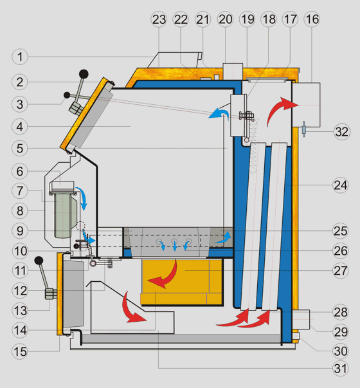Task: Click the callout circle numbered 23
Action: tap(159, 19)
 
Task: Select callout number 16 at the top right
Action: tap(312, 19)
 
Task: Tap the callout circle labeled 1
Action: tap(20, 57)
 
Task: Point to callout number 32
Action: tap(342, 132)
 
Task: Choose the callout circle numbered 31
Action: tap(341, 369)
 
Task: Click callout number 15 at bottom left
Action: tap(20, 351)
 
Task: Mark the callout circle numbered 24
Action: tap(341, 185)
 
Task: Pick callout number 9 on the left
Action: tap(20, 231)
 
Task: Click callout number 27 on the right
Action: tap(341, 270)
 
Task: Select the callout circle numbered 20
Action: tap(225, 19)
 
